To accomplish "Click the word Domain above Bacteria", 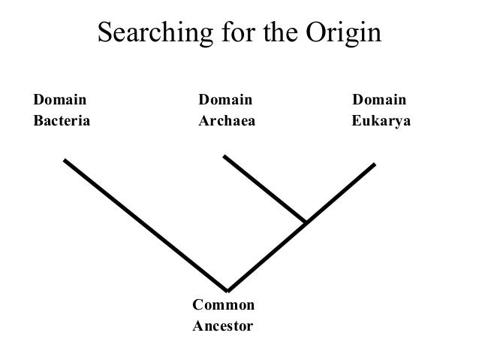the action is (60, 100).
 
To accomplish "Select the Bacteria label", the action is (62, 120).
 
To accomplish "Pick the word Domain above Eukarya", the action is (380, 100).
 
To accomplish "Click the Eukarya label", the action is (381, 121).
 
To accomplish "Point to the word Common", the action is (224, 305).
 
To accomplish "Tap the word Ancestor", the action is (223, 326).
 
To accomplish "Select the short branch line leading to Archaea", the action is (264, 189).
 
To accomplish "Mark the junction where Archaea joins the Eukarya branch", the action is (306, 222).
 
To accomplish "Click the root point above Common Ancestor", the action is (227, 290).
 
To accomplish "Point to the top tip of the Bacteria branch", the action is (65, 160).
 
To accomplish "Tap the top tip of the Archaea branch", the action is (224, 156).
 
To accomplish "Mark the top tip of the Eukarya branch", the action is (374, 164).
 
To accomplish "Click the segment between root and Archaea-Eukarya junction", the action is (267, 256).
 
